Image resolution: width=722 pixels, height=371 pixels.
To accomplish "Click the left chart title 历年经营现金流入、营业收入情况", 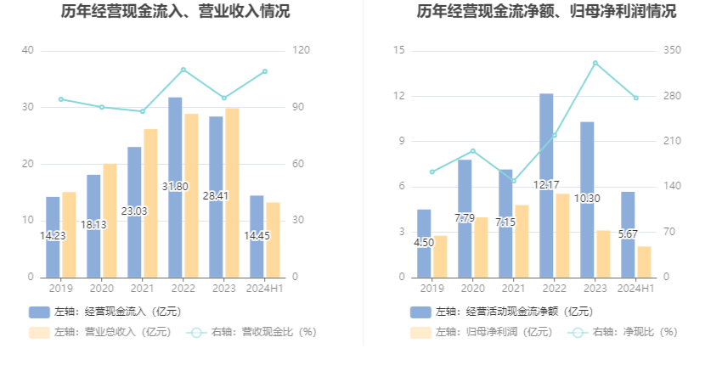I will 175,12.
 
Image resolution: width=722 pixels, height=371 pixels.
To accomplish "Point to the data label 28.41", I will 216,195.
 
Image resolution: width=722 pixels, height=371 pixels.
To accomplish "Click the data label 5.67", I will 628,235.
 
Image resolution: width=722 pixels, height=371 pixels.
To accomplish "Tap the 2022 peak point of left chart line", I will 183,70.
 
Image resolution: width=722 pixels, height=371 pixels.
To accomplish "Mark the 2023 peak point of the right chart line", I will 595,63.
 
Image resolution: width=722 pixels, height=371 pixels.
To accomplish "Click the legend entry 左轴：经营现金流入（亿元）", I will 105,312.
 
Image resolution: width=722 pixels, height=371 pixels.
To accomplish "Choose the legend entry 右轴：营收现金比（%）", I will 252,332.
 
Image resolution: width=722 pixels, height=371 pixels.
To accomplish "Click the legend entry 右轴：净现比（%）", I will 624,332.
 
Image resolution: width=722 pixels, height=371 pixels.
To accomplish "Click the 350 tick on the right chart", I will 672,51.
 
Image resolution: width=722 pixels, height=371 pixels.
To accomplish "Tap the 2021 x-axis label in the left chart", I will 143,289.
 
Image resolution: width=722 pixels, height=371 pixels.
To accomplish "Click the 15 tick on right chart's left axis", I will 398,51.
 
